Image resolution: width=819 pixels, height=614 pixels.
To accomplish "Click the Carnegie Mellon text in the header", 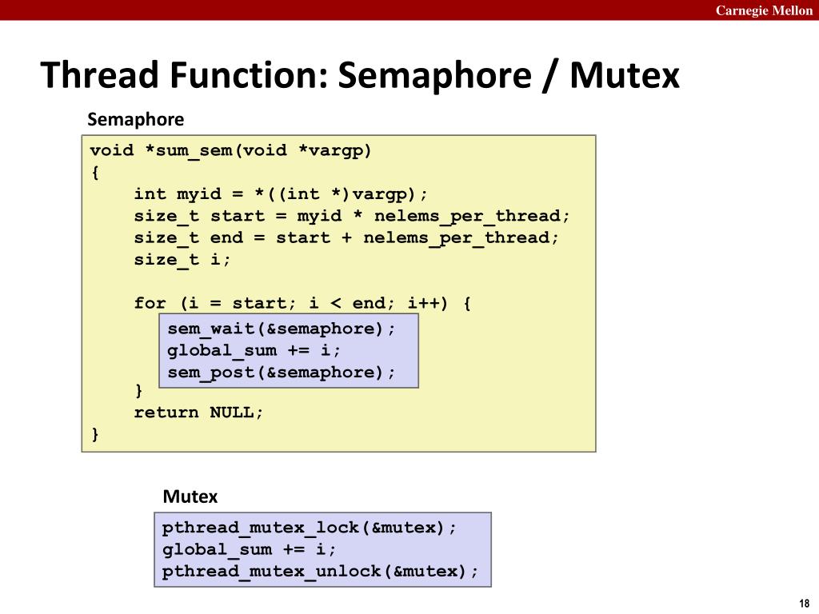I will click(x=764, y=10).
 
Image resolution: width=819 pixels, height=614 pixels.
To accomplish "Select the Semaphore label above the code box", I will click(x=135, y=120).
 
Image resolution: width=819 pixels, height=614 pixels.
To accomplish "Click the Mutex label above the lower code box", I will click(x=190, y=496).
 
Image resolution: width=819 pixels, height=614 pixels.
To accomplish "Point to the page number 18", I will click(x=804, y=603).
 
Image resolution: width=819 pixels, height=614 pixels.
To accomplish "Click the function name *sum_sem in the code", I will click(x=187, y=151).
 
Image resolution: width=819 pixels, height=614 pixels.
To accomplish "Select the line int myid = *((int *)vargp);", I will click(x=281, y=194).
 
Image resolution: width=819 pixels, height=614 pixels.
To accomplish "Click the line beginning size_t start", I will click(x=352, y=216).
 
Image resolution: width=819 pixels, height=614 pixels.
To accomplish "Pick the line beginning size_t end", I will click(x=346, y=237).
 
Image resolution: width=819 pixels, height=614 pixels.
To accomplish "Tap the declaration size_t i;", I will click(x=182, y=259).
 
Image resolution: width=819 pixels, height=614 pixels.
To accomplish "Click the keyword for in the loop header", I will click(x=150, y=303).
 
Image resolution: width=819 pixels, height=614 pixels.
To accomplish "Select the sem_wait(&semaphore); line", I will click(x=282, y=329).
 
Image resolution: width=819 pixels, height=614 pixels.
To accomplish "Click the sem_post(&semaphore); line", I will click(x=282, y=372).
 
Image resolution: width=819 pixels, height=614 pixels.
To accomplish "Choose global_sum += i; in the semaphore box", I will click(x=254, y=350).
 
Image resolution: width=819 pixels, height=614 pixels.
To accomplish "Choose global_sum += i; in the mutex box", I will click(x=250, y=549).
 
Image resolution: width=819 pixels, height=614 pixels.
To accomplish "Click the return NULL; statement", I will click(x=198, y=413).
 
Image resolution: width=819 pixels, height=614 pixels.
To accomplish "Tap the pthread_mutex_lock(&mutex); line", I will click(x=310, y=528).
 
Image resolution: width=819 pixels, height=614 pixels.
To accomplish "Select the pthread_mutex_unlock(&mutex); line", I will click(x=321, y=571).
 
